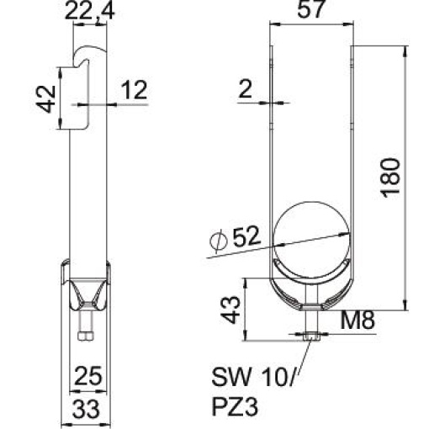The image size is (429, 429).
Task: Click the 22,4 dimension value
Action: click(90, 10)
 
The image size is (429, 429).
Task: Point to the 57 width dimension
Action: click(311, 11)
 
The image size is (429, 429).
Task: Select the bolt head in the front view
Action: click(311, 337)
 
